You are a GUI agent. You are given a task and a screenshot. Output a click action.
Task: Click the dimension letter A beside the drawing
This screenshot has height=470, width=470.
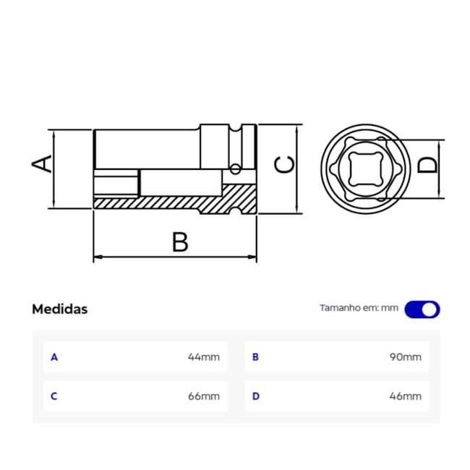(43, 163)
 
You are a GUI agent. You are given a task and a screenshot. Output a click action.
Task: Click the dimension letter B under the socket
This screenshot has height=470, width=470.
(180, 242)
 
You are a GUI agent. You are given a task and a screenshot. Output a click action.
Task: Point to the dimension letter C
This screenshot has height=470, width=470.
(286, 165)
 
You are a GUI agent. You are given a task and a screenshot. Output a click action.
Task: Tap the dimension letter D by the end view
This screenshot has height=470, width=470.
(428, 165)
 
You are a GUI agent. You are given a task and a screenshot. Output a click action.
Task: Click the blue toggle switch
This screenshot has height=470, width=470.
(422, 309)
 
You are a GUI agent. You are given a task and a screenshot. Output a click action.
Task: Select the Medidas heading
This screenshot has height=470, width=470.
(59, 309)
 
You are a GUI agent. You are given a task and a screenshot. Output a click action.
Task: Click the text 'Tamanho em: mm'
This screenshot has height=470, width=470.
(359, 308)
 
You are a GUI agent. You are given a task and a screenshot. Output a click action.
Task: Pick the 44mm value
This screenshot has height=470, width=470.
(203, 357)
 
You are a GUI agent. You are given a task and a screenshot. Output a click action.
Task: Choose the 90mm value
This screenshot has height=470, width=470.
(405, 357)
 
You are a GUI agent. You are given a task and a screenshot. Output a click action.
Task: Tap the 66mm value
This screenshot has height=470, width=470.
(203, 396)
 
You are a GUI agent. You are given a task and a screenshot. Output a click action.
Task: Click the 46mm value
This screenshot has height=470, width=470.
(405, 396)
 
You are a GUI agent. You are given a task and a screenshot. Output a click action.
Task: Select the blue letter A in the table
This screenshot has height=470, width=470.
(54, 357)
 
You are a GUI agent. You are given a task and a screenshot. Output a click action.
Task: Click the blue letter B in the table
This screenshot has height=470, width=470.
(255, 357)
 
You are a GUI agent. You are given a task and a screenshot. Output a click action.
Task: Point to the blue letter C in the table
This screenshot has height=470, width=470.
(54, 396)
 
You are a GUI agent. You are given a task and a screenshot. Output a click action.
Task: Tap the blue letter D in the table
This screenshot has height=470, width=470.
(255, 396)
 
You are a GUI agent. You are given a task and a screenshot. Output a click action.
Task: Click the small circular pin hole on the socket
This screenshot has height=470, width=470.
(235, 170)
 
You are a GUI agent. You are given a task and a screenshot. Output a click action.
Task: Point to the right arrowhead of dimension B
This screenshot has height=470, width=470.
(253, 257)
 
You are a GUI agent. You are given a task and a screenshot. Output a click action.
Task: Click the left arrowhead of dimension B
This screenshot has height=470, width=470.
(98, 257)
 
